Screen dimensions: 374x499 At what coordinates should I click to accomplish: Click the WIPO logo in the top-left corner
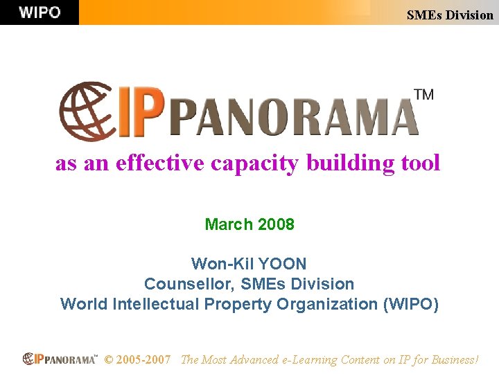point(40,12)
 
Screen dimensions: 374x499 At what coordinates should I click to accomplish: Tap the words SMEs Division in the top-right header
point(450,15)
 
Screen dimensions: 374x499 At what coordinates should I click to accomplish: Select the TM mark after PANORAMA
point(423,95)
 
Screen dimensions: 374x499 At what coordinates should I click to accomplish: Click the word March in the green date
point(229,224)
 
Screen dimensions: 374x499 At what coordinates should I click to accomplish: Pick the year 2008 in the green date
point(276,224)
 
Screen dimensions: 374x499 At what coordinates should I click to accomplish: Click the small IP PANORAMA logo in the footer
point(60,359)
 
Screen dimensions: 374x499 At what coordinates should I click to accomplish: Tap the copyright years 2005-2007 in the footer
point(143,360)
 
